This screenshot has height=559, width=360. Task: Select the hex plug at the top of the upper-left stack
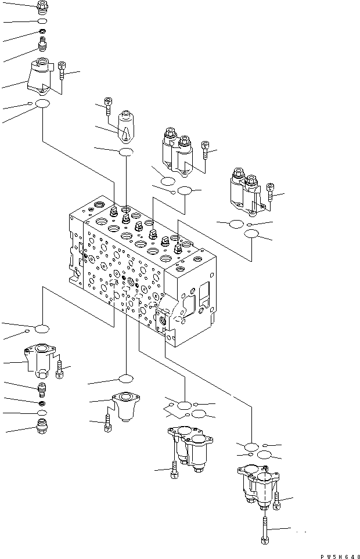click(x=42, y=6)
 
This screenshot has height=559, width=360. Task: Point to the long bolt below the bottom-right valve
click(x=265, y=529)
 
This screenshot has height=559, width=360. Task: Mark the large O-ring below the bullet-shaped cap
click(x=126, y=152)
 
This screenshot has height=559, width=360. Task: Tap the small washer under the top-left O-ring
click(x=42, y=31)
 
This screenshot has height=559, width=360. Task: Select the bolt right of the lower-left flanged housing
click(x=60, y=369)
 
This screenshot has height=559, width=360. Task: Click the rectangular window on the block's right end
click(x=204, y=294)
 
